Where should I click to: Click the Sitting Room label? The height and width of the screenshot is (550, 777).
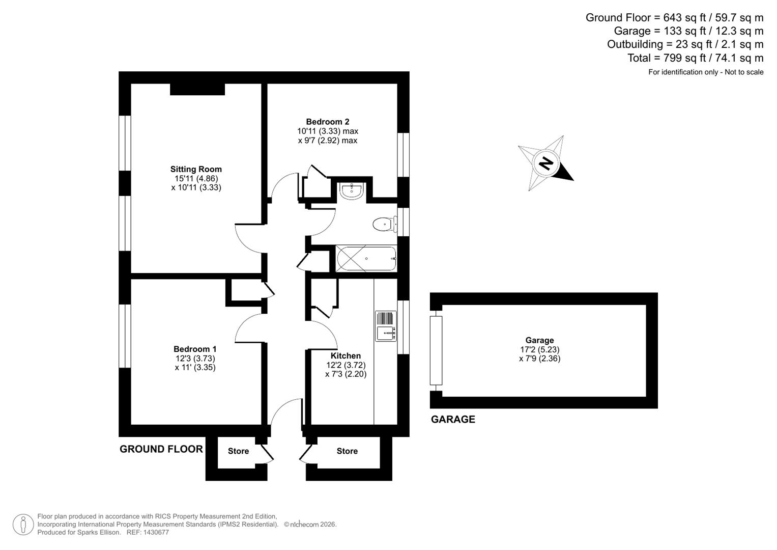pyautogui.click(x=196, y=169)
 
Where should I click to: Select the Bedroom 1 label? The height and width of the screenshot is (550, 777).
pyautogui.click(x=195, y=349)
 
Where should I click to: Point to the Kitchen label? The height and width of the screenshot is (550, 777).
pyautogui.click(x=346, y=355)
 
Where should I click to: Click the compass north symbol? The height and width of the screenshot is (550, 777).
pyautogui.click(x=546, y=163)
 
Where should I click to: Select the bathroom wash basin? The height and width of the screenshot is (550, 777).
pyautogui.click(x=351, y=191)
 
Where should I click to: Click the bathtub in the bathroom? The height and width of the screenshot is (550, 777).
pyautogui.click(x=366, y=259)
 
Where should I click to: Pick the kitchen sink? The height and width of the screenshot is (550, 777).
pyautogui.click(x=386, y=326)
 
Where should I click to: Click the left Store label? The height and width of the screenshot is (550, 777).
pyautogui.click(x=238, y=451)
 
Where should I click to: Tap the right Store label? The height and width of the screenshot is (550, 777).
pyautogui.click(x=347, y=451)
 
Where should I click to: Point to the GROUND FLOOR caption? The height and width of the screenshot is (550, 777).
pyautogui.click(x=161, y=449)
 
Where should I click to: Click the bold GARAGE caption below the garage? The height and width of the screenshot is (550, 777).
pyautogui.click(x=453, y=419)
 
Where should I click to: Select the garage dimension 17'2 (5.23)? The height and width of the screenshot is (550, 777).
pyautogui.click(x=539, y=349)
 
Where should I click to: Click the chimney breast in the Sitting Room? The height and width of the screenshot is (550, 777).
pyautogui.click(x=197, y=89)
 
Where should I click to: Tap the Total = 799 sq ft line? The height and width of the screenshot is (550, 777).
pyautogui.click(x=695, y=58)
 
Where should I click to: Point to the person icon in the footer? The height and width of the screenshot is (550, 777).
pyautogui.click(x=23, y=524)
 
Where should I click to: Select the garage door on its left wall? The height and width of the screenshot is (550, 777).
pyautogui.click(x=436, y=350)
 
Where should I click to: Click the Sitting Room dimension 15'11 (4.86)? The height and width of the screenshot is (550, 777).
pyautogui.click(x=196, y=178)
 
